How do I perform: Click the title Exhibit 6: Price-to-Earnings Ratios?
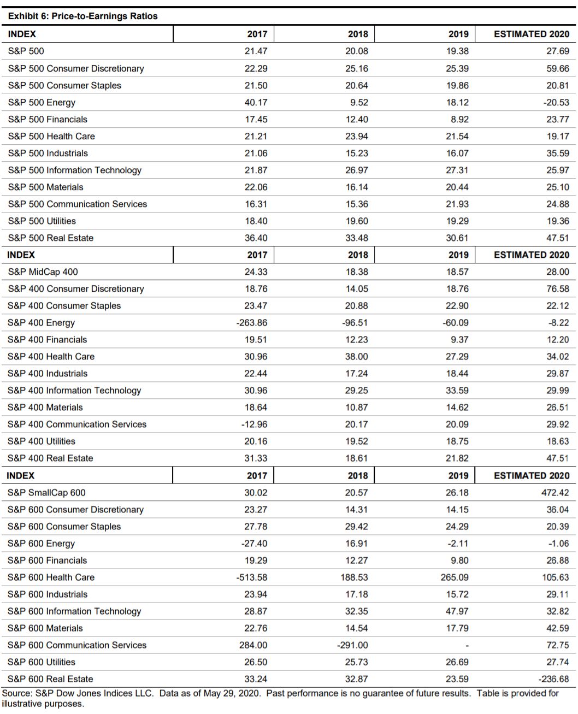tap(82, 16)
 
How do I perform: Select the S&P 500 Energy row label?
tap(42, 102)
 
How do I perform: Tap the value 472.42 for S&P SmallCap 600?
tap(555, 492)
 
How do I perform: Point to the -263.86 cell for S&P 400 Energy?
tap(252, 322)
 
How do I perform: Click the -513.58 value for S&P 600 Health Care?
tap(252, 577)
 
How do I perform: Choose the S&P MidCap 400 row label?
tap(43, 272)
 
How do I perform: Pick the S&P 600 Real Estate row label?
tap(50, 678)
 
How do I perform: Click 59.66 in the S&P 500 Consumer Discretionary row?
tap(557, 68)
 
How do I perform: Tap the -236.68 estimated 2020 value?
tap(555, 678)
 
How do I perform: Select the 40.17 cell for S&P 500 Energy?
tap(256, 102)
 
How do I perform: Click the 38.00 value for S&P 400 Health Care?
tap(356, 356)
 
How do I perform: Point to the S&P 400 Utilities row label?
tap(42, 441)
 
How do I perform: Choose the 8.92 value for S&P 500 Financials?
tap(457, 119)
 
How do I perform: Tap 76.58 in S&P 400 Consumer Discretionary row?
tap(557, 288)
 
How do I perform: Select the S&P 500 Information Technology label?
tap(74, 170)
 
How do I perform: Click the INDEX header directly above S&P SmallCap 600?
tap(20, 475)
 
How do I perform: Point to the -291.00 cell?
tap(353, 645)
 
